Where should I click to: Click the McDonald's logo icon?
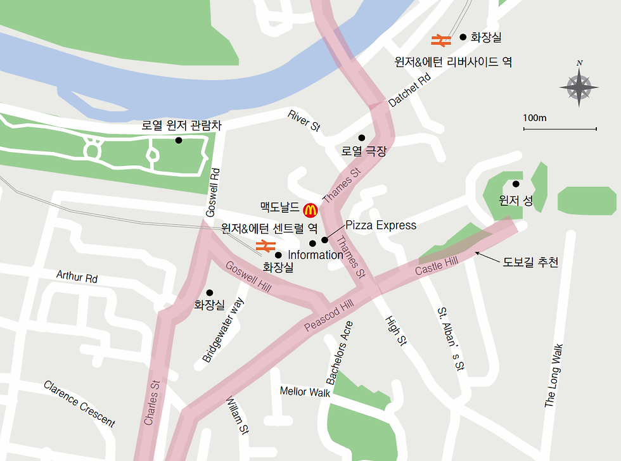(310, 209)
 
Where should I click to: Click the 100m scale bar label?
(535, 118)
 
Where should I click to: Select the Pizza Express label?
(381, 225)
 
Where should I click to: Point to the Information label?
(315, 255)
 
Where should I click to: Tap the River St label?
(304, 120)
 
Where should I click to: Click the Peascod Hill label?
(328, 316)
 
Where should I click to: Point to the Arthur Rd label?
(77, 277)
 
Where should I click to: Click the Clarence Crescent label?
(80, 404)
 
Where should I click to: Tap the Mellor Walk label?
(305, 392)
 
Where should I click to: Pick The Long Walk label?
(553, 376)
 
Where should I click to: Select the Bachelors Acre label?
(339, 353)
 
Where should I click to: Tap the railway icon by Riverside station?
(440, 40)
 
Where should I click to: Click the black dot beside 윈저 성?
(516, 184)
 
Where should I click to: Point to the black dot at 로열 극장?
(362, 137)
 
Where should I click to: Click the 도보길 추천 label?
(531, 262)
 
